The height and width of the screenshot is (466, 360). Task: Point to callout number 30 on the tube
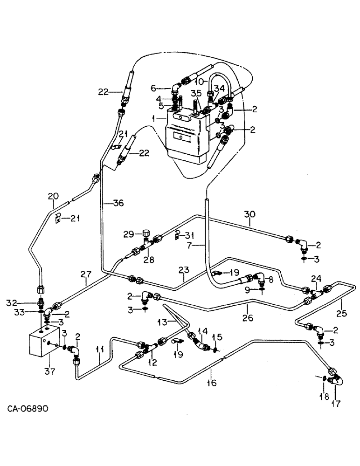point(249,215)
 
